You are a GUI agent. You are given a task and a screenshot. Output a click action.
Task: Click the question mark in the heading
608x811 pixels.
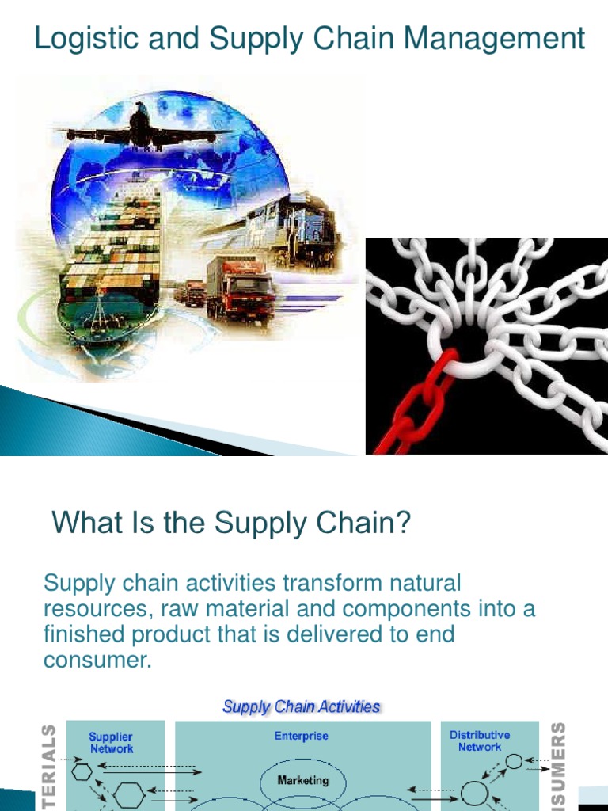tap(405, 523)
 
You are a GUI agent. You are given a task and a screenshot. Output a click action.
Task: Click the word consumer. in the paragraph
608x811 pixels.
tap(97, 660)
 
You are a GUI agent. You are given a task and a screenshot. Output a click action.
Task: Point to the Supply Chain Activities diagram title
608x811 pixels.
tap(302, 706)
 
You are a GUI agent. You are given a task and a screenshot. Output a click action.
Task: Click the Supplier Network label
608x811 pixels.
tap(111, 742)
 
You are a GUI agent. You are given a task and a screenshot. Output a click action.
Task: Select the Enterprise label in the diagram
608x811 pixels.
tap(302, 736)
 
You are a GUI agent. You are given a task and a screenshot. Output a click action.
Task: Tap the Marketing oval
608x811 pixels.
tap(303, 780)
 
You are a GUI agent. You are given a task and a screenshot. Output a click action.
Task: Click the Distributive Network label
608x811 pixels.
tap(480, 741)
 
